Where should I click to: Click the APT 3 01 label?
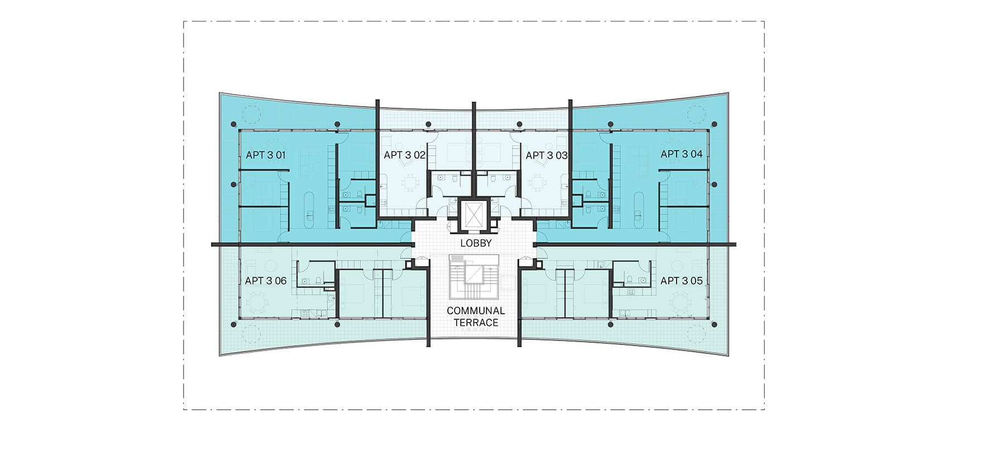pyautogui.click(x=266, y=155)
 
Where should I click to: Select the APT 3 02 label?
pyautogui.click(x=404, y=155)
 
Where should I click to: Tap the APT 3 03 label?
pyautogui.click(x=546, y=155)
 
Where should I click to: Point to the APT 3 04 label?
pyautogui.click(x=681, y=153)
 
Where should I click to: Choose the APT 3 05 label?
pyautogui.click(x=681, y=280)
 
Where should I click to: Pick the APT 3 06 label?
pyautogui.click(x=266, y=280)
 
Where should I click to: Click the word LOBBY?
pyautogui.click(x=476, y=243)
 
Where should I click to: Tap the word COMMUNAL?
pyautogui.click(x=476, y=310)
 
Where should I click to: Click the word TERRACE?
pyautogui.click(x=476, y=322)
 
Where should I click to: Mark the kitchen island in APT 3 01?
pyautogui.click(x=309, y=210)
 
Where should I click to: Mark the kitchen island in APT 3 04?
pyautogui.click(x=639, y=210)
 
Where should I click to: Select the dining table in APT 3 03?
pyautogui.click(x=537, y=182)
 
